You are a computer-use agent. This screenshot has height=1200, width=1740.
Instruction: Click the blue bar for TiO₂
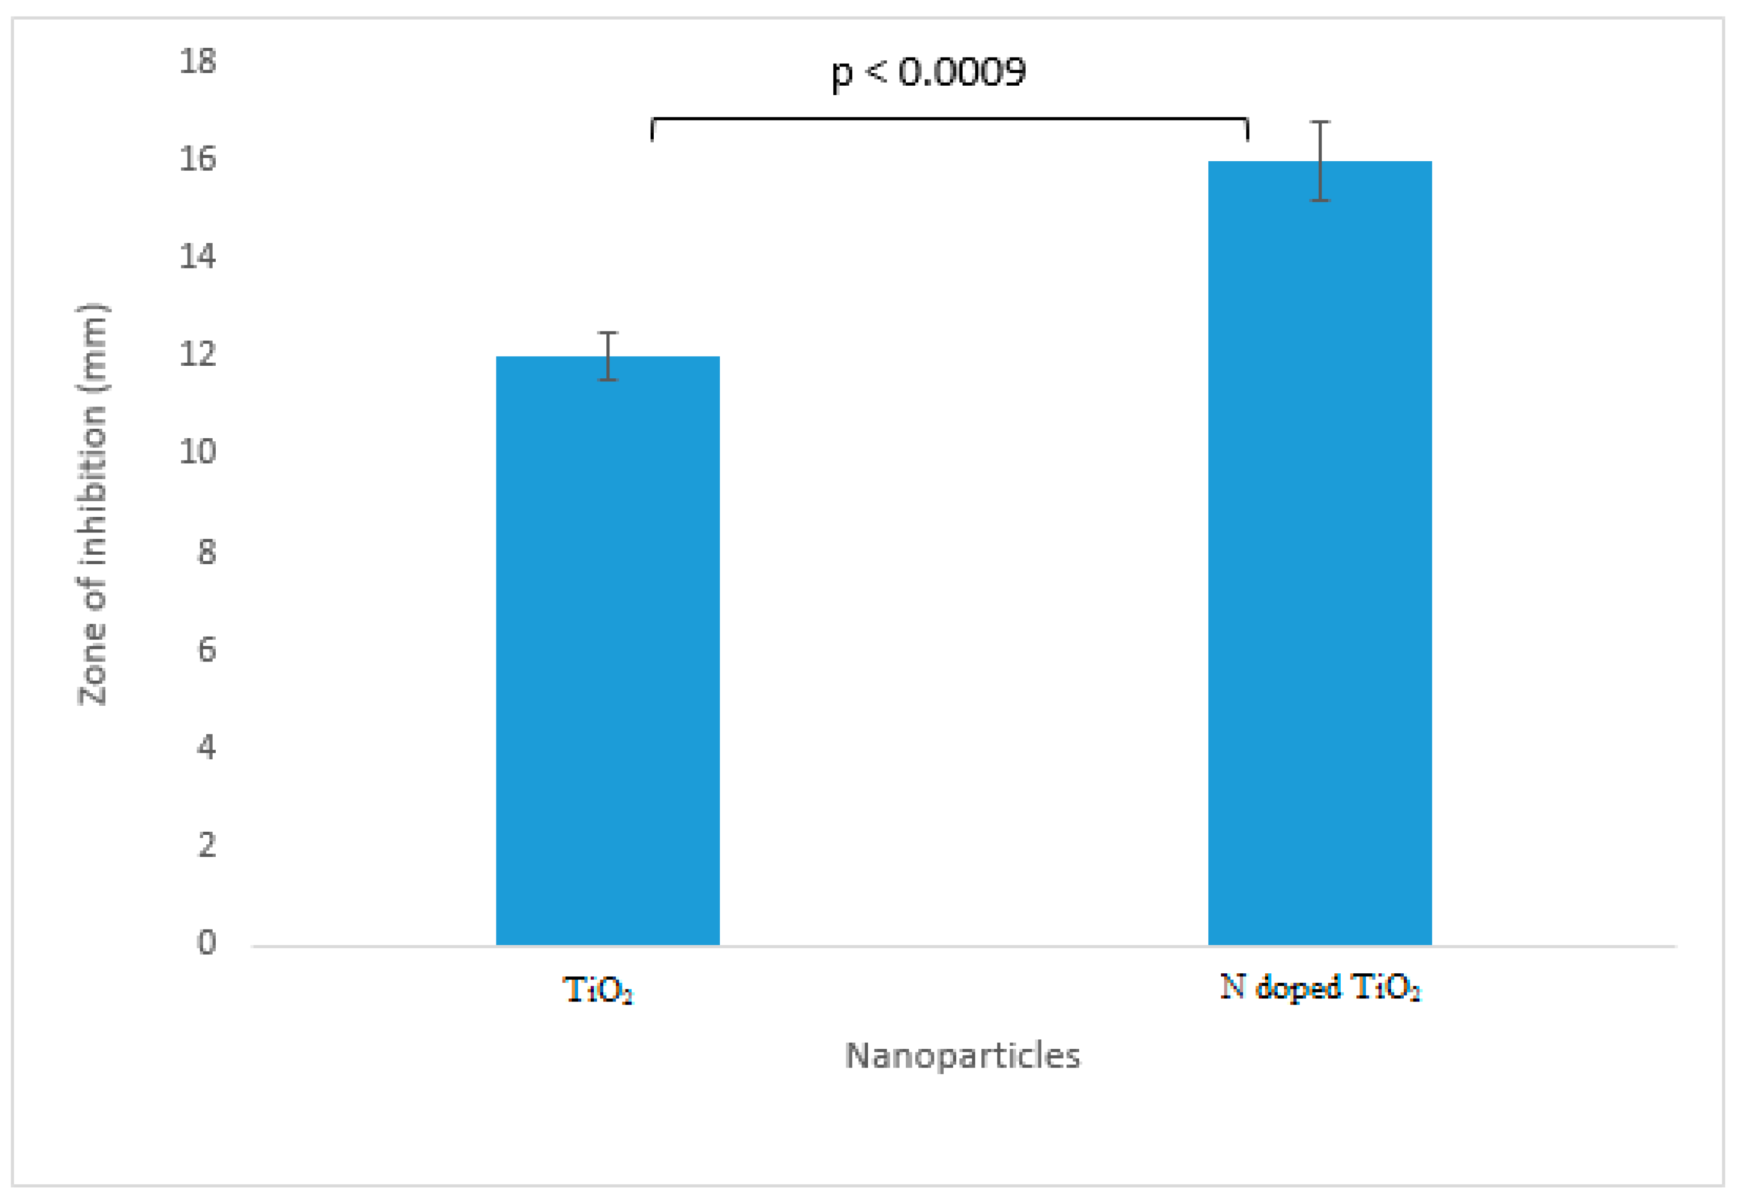click(x=608, y=650)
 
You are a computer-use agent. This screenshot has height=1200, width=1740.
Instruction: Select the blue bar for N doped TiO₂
click(x=1320, y=553)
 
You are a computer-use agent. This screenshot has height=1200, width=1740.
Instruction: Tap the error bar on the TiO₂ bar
click(x=608, y=356)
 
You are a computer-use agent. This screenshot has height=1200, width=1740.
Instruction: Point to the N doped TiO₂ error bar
click(x=1320, y=161)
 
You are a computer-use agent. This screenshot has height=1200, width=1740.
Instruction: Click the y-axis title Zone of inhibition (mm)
click(x=93, y=504)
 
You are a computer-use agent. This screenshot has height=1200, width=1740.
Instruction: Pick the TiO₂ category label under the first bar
click(x=599, y=989)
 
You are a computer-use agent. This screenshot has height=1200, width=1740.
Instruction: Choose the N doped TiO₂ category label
click(x=1320, y=987)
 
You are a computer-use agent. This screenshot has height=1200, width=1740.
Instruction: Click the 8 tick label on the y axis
click(x=207, y=552)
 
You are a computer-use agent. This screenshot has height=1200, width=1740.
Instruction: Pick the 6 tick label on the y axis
click(x=207, y=650)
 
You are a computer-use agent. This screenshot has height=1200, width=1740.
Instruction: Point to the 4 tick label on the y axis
click(x=207, y=748)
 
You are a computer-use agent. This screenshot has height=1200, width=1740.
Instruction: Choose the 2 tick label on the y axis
click(x=207, y=845)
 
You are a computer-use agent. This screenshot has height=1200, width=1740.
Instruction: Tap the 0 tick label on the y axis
click(x=207, y=943)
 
